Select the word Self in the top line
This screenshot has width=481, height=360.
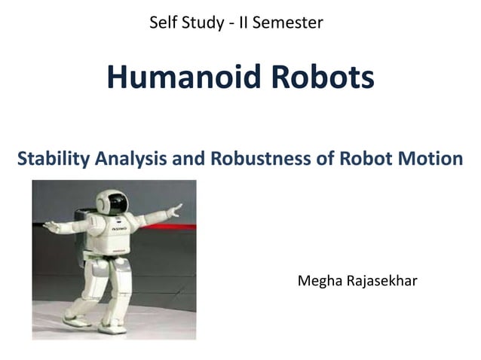click(x=164, y=23)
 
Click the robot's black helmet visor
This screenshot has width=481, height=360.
click(x=117, y=202)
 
